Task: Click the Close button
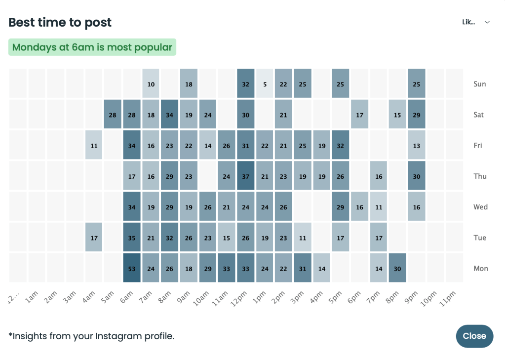(474, 336)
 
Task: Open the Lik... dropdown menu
(476, 22)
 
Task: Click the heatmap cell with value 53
(132, 268)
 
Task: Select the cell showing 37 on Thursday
(246, 176)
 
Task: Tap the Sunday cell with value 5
(265, 84)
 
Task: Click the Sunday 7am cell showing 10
(151, 84)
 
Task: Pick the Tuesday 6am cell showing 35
(132, 238)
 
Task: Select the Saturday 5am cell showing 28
(113, 115)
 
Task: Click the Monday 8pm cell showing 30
(397, 268)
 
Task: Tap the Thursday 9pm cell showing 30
(417, 176)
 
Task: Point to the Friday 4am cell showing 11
(94, 146)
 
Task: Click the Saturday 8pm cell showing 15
(397, 115)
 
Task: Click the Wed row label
(480, 207)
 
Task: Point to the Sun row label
(479, 84)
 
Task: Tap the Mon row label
(480, 268)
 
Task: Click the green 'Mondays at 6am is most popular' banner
(92, 47)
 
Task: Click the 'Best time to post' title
(60, 22)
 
